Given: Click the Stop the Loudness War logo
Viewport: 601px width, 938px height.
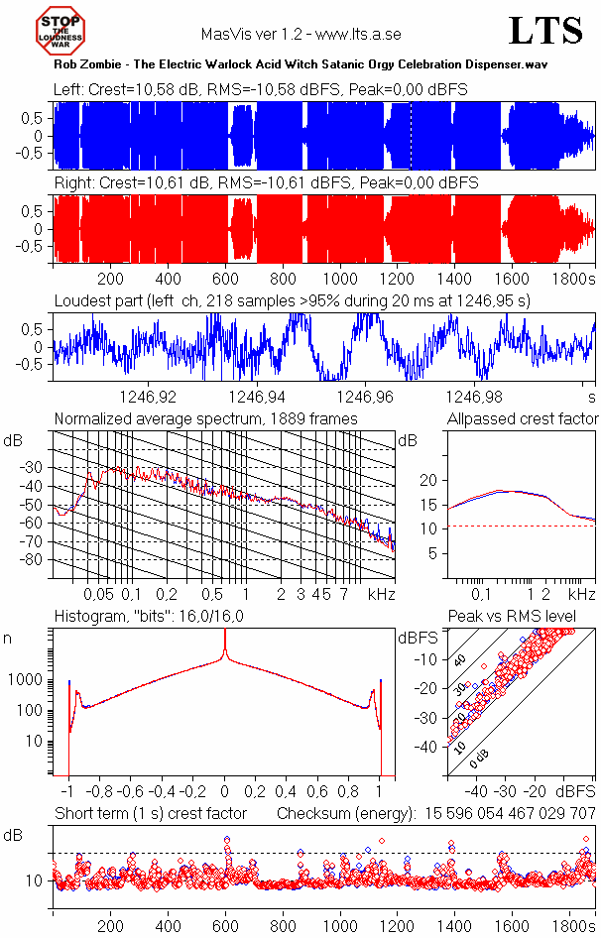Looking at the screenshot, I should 61,30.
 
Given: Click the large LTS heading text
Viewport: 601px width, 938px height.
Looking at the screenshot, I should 545,32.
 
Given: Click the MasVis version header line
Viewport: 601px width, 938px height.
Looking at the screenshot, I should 300,34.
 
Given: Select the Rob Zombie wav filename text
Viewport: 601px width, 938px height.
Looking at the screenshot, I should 301,63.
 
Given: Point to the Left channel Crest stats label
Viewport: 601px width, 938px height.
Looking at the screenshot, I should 261,90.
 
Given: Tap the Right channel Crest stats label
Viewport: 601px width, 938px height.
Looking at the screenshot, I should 266,183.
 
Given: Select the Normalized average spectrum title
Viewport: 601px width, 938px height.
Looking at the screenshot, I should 205,418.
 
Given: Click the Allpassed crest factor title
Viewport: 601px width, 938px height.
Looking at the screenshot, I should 523,418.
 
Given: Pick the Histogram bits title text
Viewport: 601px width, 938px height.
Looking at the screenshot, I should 149,617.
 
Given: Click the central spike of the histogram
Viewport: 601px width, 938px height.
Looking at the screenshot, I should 225,645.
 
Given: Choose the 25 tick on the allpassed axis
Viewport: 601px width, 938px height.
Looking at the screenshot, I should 429,455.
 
